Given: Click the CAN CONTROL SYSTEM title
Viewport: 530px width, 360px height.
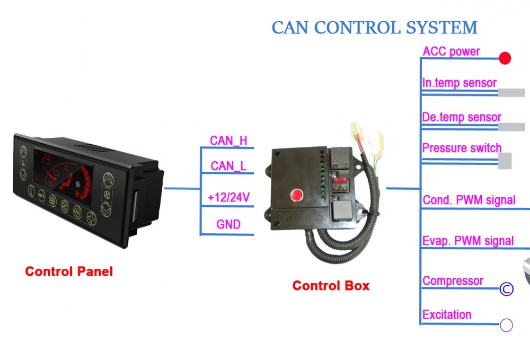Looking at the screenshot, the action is point(375,28).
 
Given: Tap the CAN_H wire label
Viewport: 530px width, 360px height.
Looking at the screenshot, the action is point(228,141).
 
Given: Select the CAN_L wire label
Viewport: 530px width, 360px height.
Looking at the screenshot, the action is point(228,166).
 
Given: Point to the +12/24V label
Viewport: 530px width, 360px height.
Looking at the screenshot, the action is point(229,197).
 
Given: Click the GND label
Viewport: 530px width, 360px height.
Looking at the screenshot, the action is point(228,224).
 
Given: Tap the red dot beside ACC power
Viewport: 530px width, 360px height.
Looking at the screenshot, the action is point(505,58).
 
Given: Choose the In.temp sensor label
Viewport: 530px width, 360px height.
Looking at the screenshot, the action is point(460,83).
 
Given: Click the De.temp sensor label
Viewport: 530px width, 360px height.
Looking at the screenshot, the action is point(462,117).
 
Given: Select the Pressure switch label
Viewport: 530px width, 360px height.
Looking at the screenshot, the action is point(462,148).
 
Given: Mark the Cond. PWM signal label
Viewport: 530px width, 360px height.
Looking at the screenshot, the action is point(469,200).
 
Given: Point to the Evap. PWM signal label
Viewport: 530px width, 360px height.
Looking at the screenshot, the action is point(468,241).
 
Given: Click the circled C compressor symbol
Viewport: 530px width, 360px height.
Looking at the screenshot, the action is point(506,289).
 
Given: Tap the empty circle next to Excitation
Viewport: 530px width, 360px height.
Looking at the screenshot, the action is point(506,325).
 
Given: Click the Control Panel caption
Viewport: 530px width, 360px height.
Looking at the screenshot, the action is point(69,271).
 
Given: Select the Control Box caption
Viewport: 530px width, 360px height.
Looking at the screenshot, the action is point(331,286).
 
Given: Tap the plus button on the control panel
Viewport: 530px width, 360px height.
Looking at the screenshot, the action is point(91,218).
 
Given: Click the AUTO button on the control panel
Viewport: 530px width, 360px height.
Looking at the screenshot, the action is point(41,196).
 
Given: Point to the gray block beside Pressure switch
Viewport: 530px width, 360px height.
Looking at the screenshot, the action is point(505,161).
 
